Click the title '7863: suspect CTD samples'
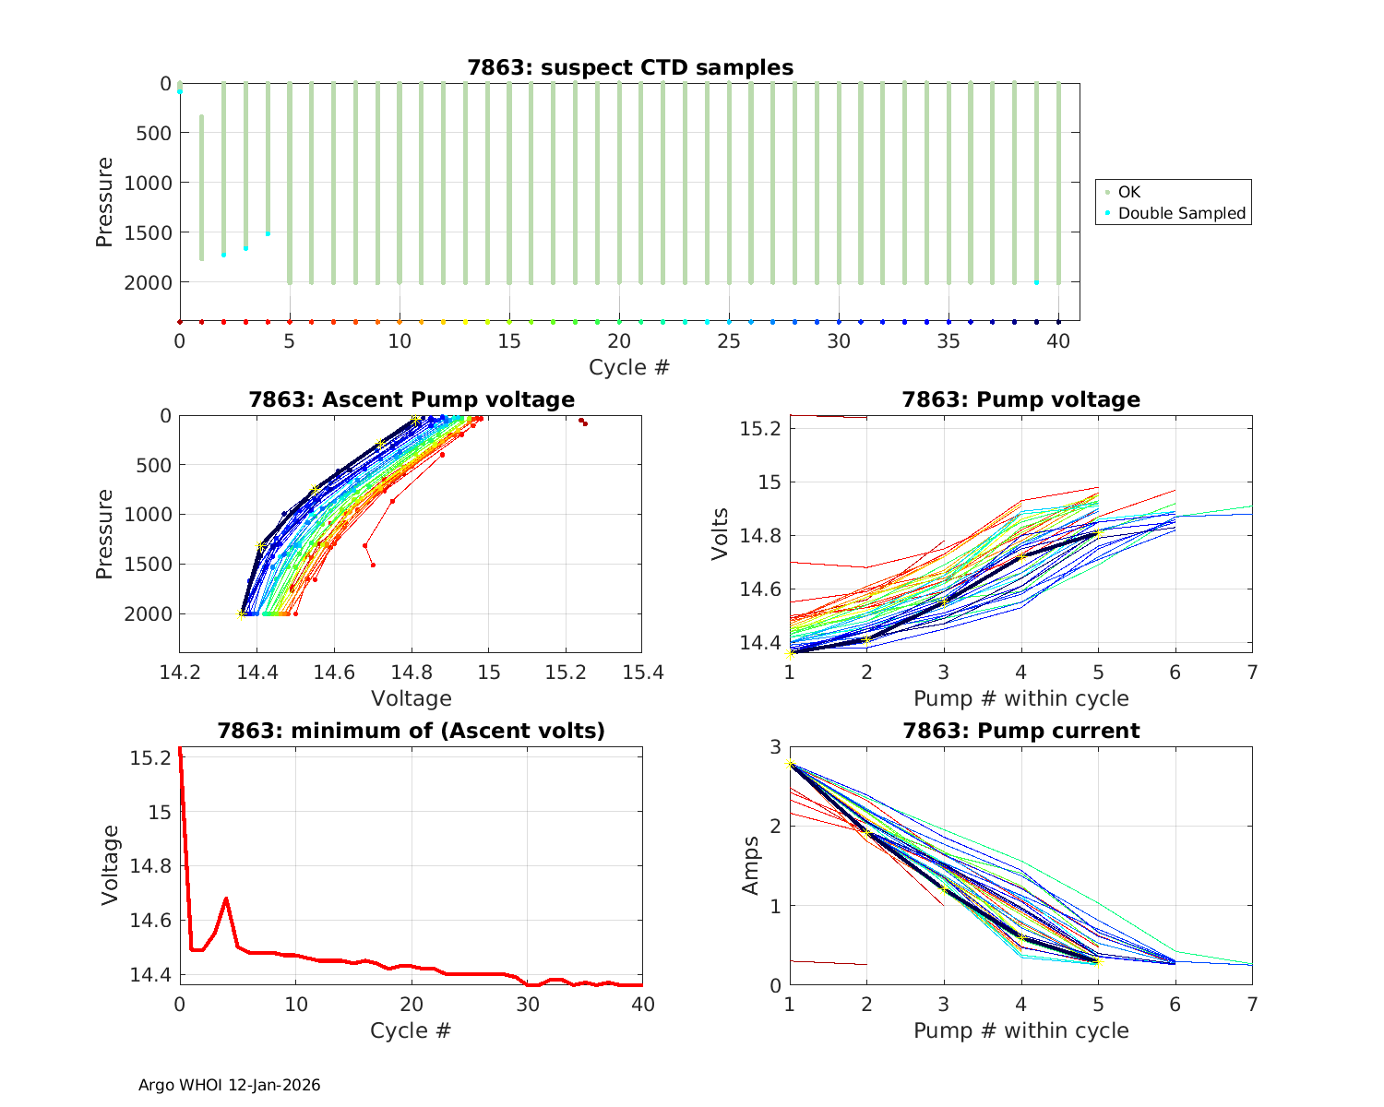pyautogui.click(x=630, y=67)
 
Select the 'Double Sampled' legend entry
pyautogui.click(x=1181, y=213)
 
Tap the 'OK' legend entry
pyautogui.click(x=1128, y=192)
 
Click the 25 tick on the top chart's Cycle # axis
pyautogui.click(x=729, y=341)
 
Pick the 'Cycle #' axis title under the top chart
pyautogui.click(x=629, y=367)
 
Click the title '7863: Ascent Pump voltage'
pyautogui.click(x=412, y=399)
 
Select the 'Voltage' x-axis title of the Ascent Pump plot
pyautogui.click(x=412, y=698)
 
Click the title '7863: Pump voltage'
pyautogui.click(x=1020, y=399)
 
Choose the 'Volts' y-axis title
pyautogui.click(x=722, y=534)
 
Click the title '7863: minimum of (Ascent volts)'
pyautogui.click(x=412, y=731)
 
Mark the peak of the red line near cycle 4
pyautogui.click(x=226, y=898)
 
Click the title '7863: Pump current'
pyautogui.click(x=1020, y=731)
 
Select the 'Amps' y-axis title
pyautogui.click(x=752, y=865)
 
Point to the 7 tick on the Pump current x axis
pyautogui.click(x=1252, y=1005)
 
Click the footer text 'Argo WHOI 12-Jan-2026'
pyautogui.click(x=229, y=1085)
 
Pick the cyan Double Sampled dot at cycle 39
pyautogui.click(x=1036, y=282)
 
